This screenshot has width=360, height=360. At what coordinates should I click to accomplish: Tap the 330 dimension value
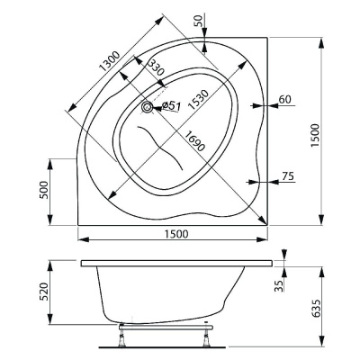[155, 68]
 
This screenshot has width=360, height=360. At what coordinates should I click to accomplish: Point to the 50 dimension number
[200, 20]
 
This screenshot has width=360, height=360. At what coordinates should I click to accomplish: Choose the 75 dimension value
[287, 175]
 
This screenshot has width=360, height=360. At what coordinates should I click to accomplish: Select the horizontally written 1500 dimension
[175, 234]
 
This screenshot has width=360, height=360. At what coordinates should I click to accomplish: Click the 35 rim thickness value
[280, 286]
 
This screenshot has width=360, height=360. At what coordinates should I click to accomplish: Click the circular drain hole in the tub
[148, 107]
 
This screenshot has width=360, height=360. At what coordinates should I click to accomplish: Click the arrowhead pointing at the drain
[157, 108]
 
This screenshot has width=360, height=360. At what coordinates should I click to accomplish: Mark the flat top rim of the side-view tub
[175, 264]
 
